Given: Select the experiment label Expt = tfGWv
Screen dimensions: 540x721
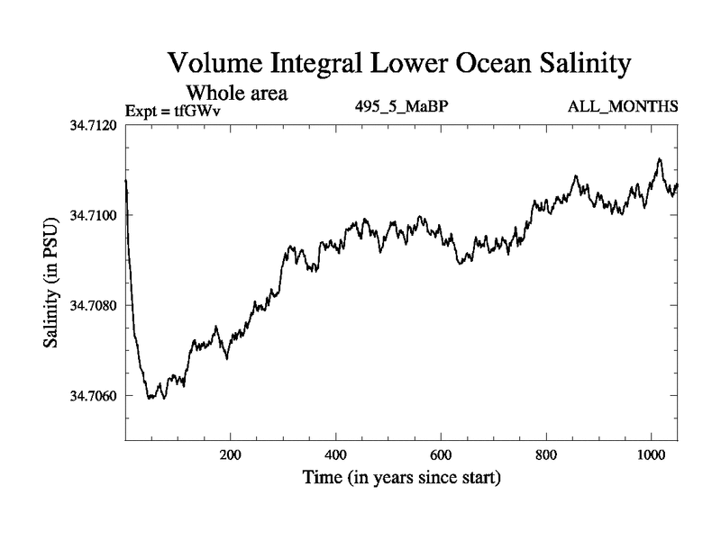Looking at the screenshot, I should point(173,110).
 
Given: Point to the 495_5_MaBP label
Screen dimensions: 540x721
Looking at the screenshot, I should point(403,107).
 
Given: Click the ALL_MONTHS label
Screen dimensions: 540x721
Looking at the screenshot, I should point(622,107).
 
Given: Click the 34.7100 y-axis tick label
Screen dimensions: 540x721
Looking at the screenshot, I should point(95,215).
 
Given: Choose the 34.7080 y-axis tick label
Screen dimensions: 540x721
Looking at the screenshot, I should point(95,305).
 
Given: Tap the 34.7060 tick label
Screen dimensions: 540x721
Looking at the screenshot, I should point(95,396).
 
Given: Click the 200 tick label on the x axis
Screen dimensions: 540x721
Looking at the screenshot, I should point(231,455).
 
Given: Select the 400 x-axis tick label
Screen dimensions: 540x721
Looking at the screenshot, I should point(336,455).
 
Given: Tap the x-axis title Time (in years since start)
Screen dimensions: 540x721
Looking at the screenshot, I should point(401,478).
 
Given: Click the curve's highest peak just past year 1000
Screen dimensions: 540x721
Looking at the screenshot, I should point(660,159).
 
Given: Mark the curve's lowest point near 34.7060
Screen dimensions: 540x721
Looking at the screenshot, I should point(151,398).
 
